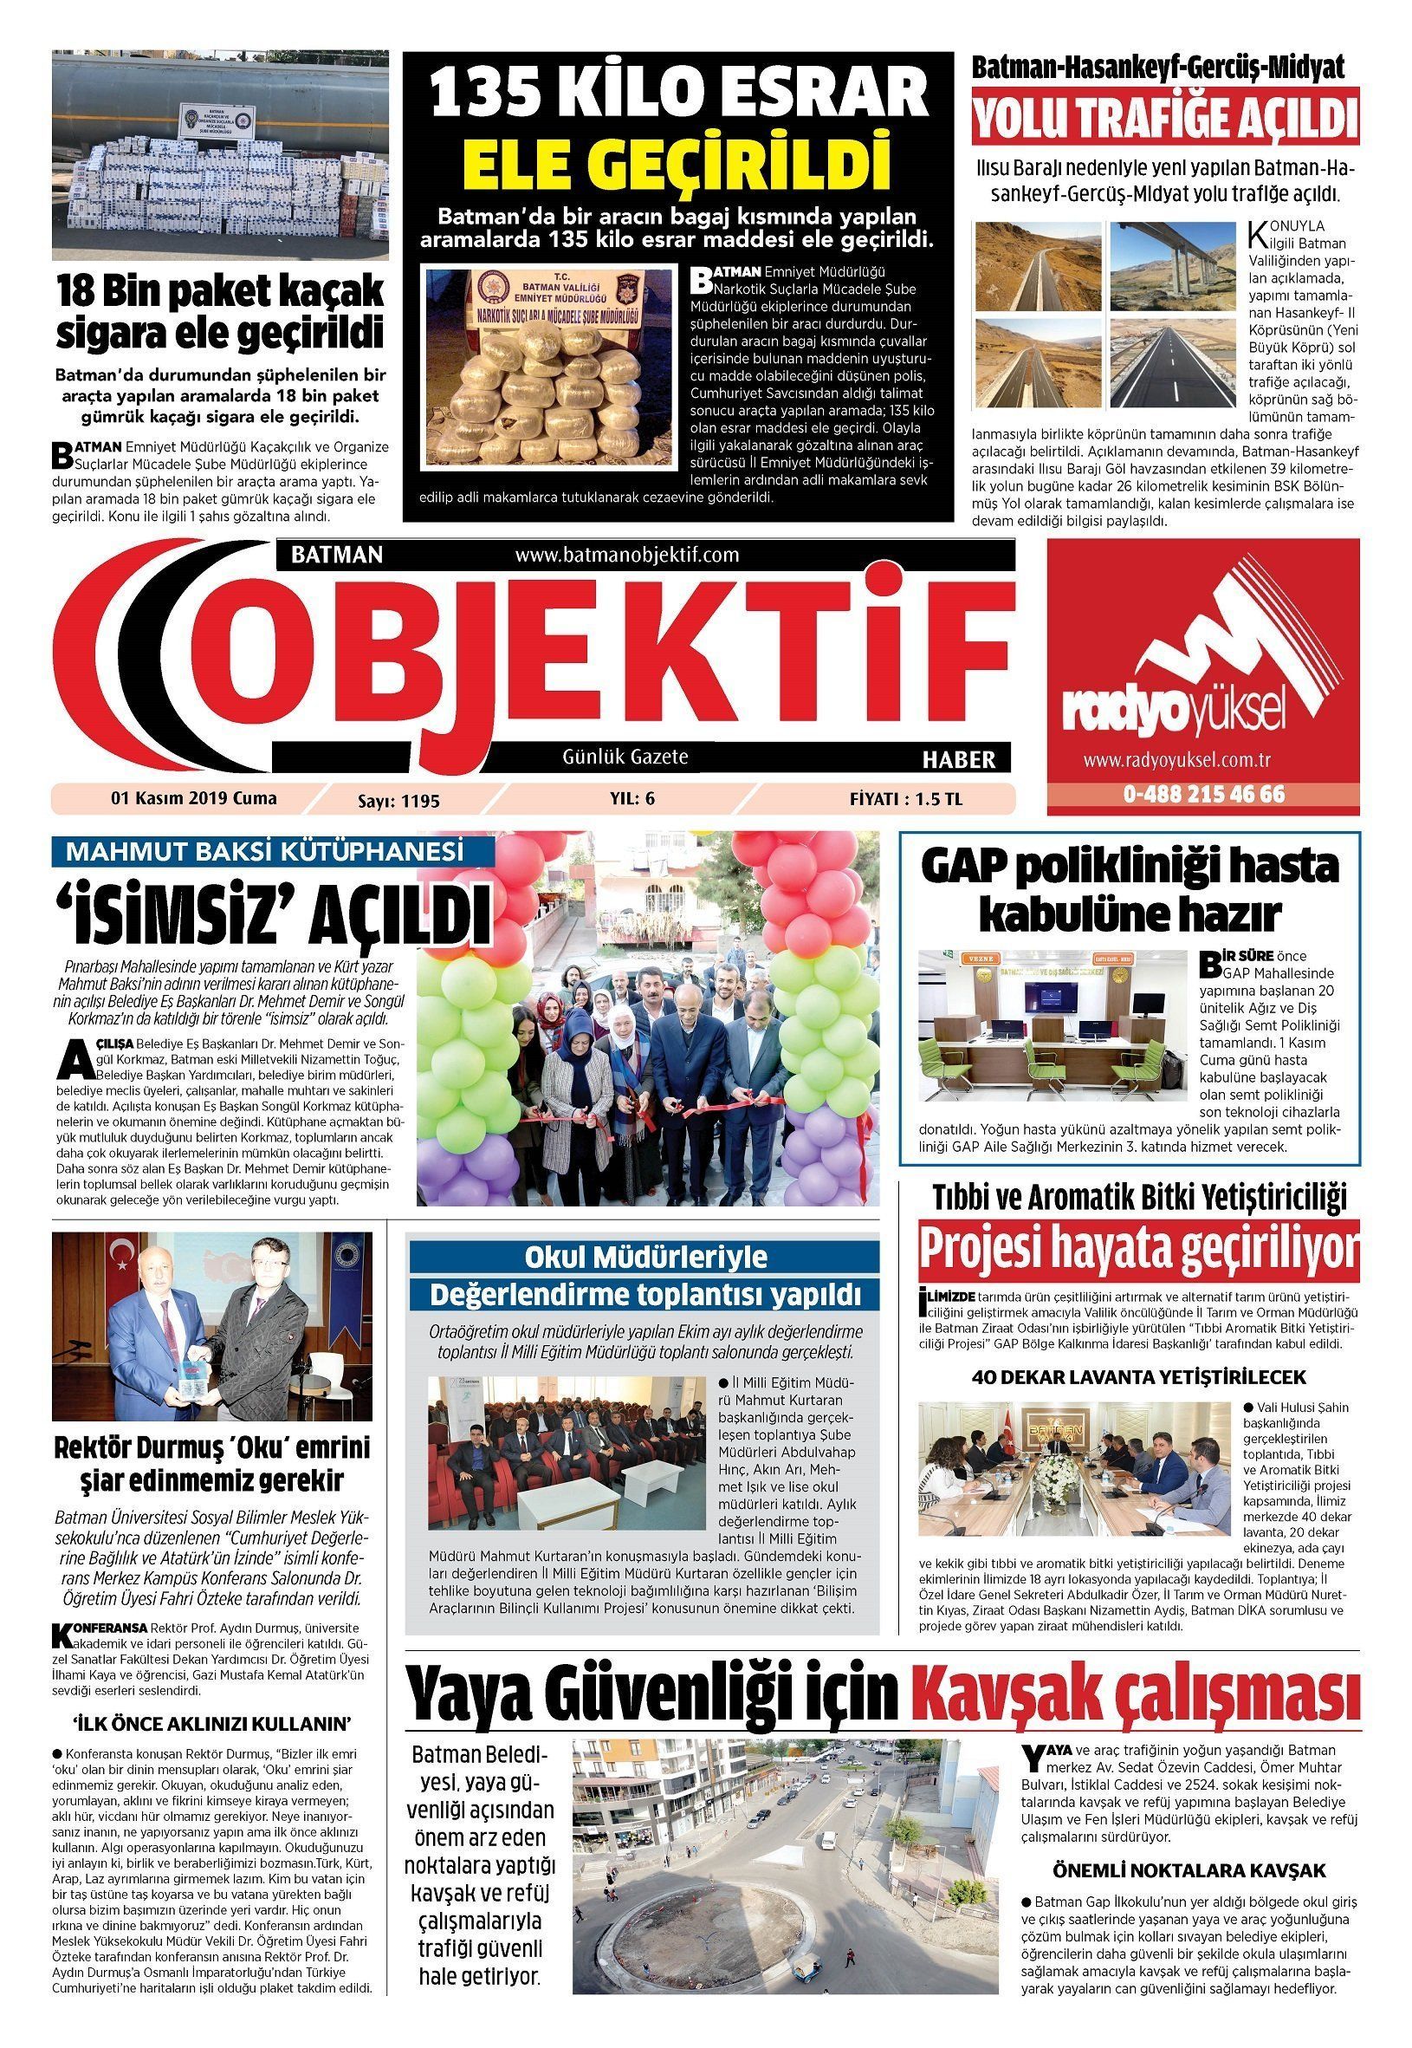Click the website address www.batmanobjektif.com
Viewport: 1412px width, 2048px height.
tap(626, 555)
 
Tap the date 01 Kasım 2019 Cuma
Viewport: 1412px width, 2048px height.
tap(194, 798)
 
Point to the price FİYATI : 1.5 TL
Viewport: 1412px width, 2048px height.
tap(905, 799)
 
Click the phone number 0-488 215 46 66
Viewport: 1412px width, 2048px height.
tap(1203, 794)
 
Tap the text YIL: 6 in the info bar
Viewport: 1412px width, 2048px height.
tap(632, 798)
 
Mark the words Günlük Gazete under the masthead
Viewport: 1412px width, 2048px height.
tap(625, 757)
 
